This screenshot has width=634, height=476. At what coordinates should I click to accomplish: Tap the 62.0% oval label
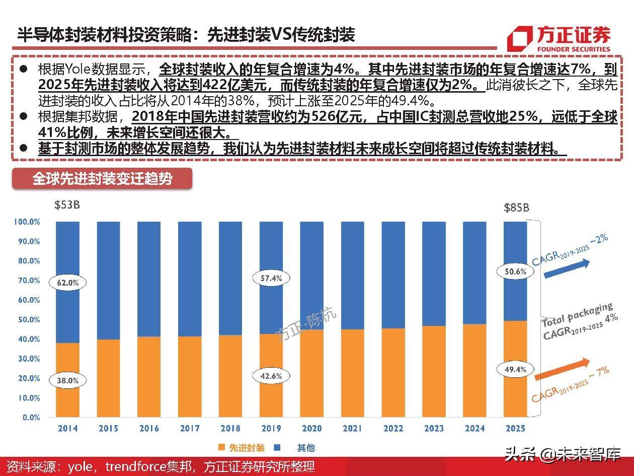(67, 283)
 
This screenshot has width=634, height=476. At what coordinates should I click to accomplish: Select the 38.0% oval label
(67, 381)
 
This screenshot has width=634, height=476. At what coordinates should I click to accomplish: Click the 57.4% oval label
(271, 278)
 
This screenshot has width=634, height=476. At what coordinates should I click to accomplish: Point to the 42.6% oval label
(271, 376)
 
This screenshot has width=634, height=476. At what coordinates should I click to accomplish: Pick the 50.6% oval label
(515, 271)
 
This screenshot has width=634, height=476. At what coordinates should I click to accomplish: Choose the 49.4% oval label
(515, 369)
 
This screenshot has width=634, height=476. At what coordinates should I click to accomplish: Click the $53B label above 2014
(67, 206)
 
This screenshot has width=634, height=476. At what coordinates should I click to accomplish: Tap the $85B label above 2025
(516, 208)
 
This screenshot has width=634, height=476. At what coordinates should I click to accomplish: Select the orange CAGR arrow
(561, 370)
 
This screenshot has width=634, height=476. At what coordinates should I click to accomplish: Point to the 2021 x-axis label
(353, 429)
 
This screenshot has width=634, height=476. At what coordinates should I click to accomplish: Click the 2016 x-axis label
(149, 429)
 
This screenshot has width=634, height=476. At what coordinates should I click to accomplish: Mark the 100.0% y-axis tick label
(27, 222)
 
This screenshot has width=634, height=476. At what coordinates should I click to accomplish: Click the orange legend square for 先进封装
(221, 447)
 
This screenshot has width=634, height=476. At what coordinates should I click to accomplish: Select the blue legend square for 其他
(277, 447)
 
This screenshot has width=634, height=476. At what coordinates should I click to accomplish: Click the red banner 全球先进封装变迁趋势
(102, 179)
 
